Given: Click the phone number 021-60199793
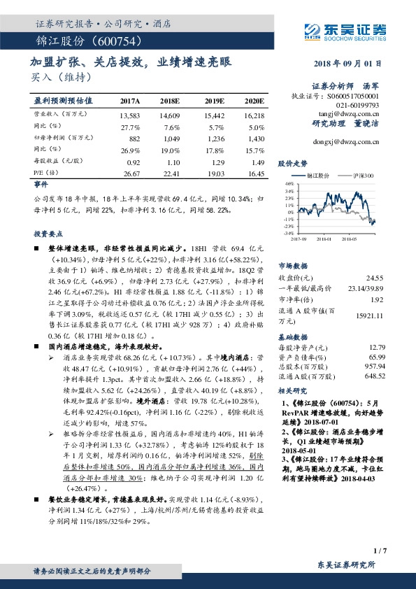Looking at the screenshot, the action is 359,104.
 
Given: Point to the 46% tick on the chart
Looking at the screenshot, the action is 289,183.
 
